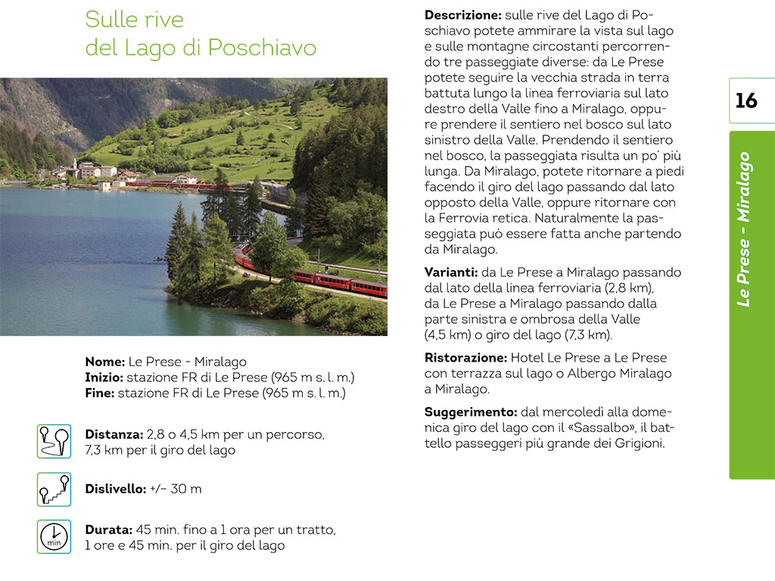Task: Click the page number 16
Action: click(x=746, y=101)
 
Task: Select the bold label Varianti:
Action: click(x=450, y=272)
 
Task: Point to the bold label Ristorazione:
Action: click(x=465, y=358)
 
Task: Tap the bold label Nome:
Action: click(x=105, y=362)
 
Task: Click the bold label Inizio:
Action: click(x=104, y=377)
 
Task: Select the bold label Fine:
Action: click(x=100, y=393)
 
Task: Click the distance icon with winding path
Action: click(x=54, y=441)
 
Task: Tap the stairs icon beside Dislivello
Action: click(x=54, y=489)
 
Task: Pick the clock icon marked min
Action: click(x=54, y=536)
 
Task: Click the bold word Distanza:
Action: click(x=114, y=435)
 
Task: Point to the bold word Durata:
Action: click(x=109, y=530)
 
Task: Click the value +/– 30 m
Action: click(x=176, y=489)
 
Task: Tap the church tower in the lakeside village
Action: click(x=75, y=164)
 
